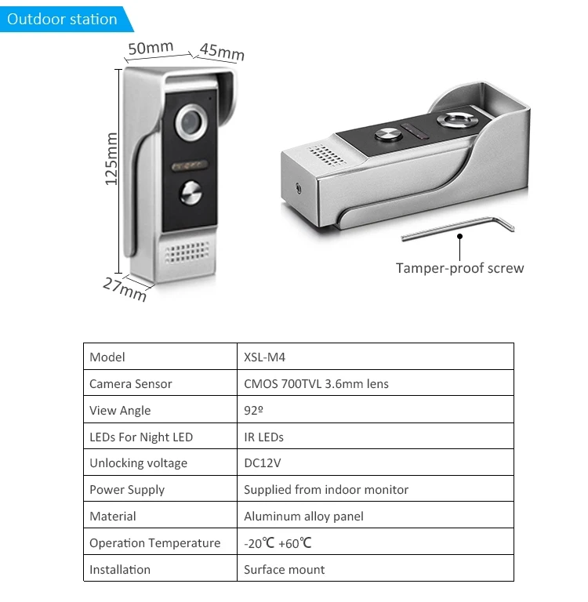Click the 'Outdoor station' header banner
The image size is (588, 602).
(x=62, y=19)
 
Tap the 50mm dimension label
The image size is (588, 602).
(x=151, y=48)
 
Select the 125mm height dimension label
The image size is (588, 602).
(x=111, y=158)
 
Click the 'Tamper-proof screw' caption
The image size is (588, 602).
(x=459, y=268)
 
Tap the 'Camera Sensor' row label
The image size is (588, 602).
(x=130, y=384)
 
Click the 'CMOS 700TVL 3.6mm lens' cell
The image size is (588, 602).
(x=316, y=384)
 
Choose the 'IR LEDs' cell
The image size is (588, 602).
(x=263, y=437)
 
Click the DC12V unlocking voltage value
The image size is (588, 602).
(x=262, y=463)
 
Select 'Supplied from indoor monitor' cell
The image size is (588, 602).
(x=326, y=490)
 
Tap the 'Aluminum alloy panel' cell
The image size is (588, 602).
(x=303, y=517)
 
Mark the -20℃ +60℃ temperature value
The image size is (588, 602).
(x=278, y=543)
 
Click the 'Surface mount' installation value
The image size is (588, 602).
(x=284, y=570)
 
